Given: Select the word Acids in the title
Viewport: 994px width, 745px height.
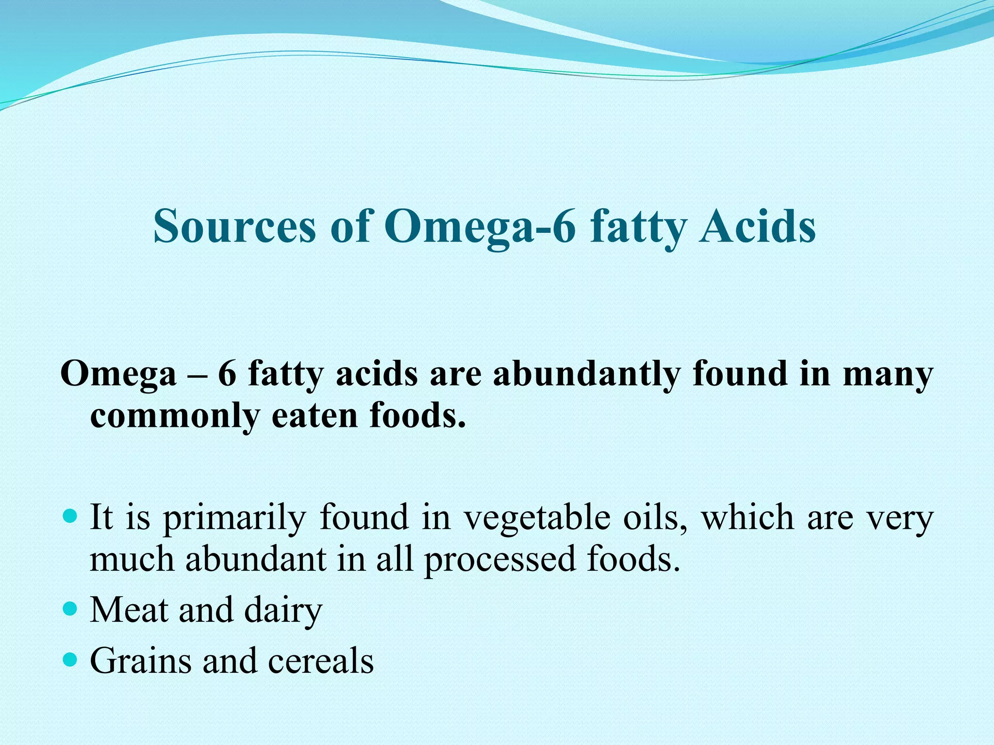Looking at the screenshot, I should [757, 227].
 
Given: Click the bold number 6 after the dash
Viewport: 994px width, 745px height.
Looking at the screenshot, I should [227, 374].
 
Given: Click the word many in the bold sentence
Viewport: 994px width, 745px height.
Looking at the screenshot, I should [888, 374].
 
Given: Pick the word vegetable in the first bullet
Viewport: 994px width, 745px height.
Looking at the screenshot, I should [537, 518].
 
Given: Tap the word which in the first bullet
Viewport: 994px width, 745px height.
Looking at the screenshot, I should [747, 518].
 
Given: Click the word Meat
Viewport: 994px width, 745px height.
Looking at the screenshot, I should [130, 610].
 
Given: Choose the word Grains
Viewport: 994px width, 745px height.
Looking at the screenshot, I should [141, 661].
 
